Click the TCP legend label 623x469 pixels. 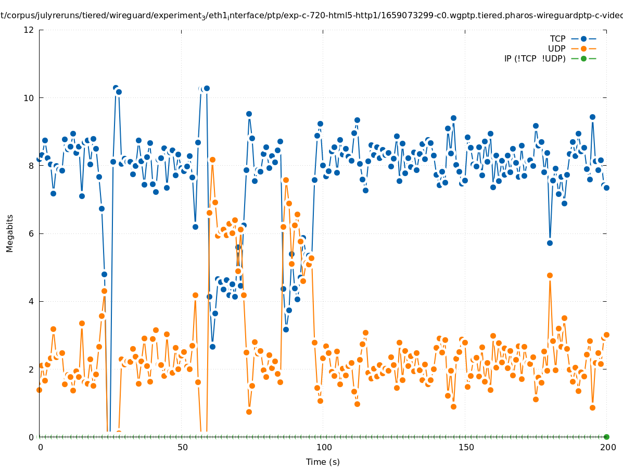(557, 39)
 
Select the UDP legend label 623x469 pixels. (556, 48)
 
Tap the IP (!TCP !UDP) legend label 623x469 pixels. (535, 58)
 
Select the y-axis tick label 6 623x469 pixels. (32, 233)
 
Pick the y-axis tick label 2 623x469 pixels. (32, 369)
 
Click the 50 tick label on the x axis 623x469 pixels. (182, 447)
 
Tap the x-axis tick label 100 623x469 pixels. (324, 447)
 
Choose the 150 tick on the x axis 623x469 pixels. (466, 447)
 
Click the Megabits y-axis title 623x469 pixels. (10, 233)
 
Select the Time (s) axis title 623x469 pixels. (323, 462)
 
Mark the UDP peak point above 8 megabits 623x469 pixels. (212, 159)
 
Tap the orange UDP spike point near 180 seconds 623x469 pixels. (550, 275)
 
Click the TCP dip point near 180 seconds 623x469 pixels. (550, 243)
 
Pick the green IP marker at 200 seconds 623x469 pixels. (606, 437)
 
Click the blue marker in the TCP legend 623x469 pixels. (583, 39)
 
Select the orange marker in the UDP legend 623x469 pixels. (583, 48)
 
